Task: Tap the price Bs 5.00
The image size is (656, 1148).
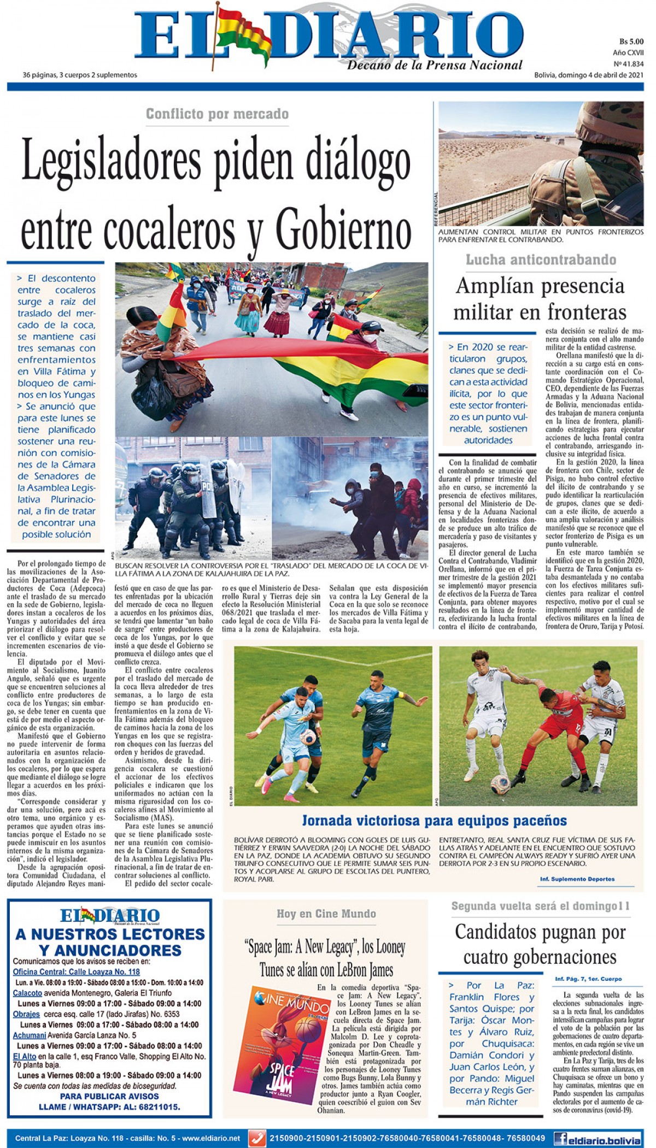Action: tap(631, 42)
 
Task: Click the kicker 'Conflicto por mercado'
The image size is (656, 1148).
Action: tap(217, 114)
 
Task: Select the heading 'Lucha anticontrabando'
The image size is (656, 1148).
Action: tap(541, 260)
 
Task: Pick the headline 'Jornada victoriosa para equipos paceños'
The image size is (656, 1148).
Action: tap(434, 821)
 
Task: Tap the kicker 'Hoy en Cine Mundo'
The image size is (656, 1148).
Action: tap(326, 914)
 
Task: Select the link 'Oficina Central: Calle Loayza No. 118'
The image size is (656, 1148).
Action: tap(76, 972)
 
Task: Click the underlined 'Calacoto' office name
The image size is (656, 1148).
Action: tap(27, 993)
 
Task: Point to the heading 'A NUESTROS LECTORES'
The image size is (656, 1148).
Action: tap(110, 934)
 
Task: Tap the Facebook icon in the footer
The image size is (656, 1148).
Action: tap(560, 1139)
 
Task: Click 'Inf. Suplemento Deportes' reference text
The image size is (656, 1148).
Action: tap(577, 879)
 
